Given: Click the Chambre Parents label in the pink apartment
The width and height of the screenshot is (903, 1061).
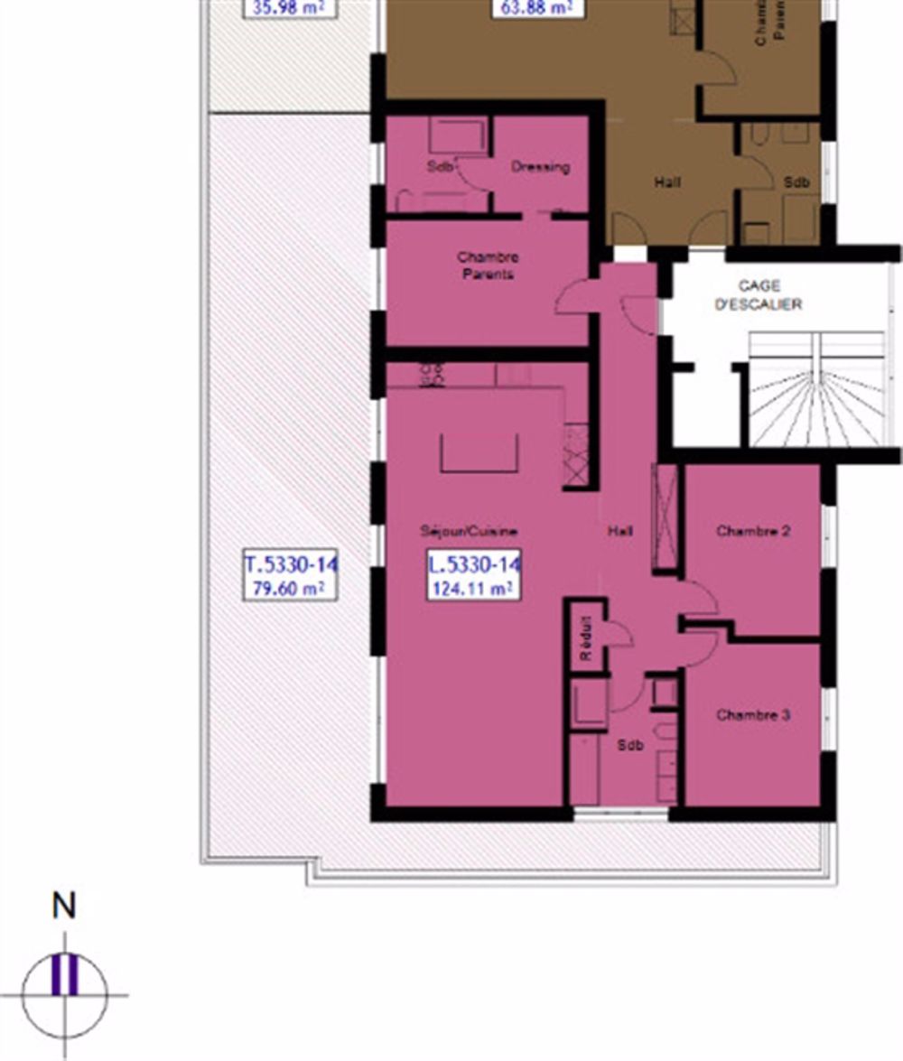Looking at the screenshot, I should point(488,265).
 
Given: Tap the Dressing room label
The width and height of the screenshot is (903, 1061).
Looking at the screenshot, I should point(540,167).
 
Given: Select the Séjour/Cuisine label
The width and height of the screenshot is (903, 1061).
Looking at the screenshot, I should point(468,531).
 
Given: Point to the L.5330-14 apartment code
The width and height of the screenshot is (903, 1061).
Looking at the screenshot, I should point(474,565).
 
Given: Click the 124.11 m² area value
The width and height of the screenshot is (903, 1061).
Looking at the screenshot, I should point(473,590).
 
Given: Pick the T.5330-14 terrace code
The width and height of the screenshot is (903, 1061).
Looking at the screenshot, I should point(291,565).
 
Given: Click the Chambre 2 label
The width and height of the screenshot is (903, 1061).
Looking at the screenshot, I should point(753,531).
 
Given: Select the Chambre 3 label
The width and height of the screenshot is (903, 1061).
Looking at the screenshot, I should point(753,715).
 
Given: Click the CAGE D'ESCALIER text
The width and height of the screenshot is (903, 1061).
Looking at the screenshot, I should point(759,295).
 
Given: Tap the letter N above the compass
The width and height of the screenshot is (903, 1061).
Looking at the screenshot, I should point(63,907).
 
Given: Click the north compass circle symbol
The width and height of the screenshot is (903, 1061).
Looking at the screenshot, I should point(64,994).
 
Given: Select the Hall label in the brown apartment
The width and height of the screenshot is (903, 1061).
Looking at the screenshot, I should point(668,182).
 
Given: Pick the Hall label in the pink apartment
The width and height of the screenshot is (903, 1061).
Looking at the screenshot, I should point(620,531).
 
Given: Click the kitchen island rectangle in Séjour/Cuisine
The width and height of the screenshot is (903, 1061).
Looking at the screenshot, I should point(479,452).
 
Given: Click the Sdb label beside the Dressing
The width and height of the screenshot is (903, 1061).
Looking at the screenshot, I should point(440,167).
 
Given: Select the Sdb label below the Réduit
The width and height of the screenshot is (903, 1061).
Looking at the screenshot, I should point(630,746).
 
